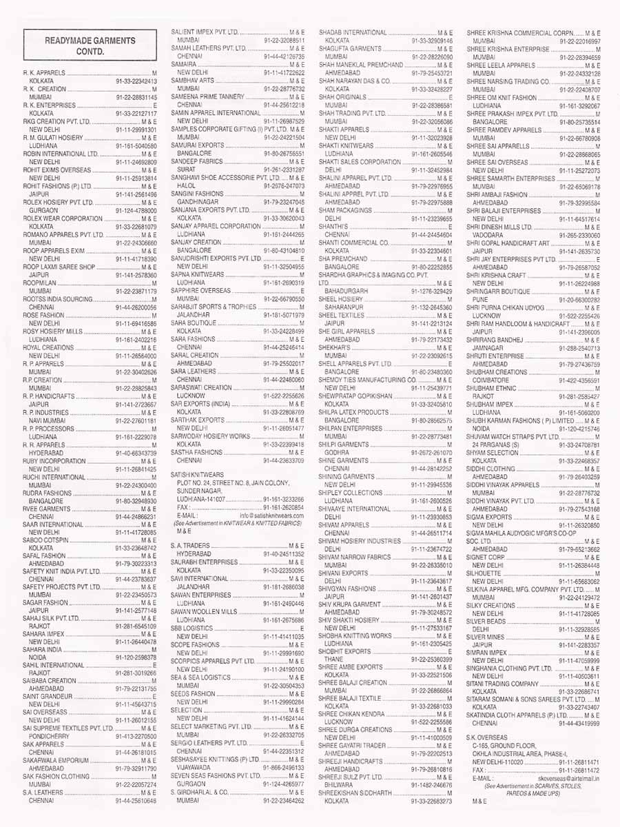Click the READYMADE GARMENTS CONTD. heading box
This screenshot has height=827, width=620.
click(90, 46)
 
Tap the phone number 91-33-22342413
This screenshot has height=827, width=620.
click(136, 81)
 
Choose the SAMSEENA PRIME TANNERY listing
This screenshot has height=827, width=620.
click(214, 96)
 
